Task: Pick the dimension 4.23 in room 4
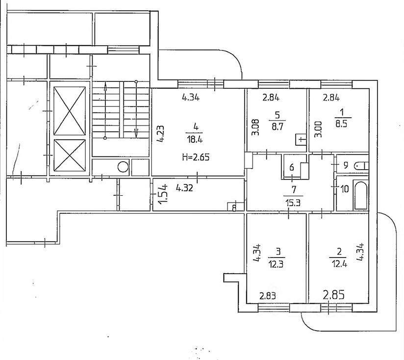[x=160, y=134]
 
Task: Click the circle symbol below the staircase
[x=122, y=168]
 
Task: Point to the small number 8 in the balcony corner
[x=234, y=208]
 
